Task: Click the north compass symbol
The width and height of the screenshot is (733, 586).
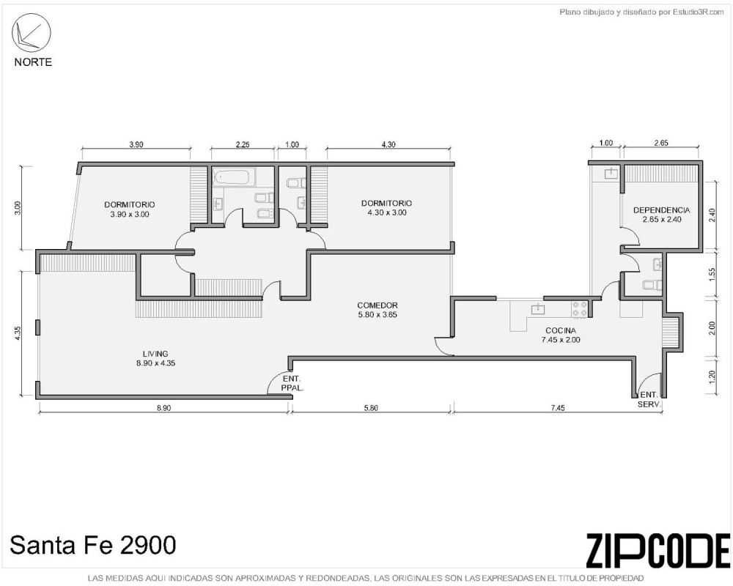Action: point(31,33)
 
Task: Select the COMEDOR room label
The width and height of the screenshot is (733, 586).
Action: point(377,310)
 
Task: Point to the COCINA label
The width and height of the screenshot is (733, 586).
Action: point(561,335)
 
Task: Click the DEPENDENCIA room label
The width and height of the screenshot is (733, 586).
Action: point(661,215)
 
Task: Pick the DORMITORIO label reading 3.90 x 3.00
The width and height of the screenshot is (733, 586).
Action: point(130,209)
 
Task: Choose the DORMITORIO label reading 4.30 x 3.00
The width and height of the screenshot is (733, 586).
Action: point(386,207)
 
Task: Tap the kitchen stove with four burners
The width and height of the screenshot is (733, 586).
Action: point(580,309)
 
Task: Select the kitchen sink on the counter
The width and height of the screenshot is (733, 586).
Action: point(538,309)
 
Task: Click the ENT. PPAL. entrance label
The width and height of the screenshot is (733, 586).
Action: point(292,383)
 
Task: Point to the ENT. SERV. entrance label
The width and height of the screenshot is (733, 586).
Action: point(649,399)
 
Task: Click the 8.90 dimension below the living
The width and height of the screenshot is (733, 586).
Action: point(163,407)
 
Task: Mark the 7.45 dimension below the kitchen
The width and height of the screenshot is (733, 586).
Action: point(558,407)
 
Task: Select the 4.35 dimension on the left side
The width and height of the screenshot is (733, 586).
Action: point(17,333)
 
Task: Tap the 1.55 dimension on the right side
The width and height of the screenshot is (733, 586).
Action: point(712,274)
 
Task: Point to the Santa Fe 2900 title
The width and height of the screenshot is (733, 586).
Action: point(93,545)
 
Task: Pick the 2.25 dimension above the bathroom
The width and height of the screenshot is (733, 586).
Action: point(242,144)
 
